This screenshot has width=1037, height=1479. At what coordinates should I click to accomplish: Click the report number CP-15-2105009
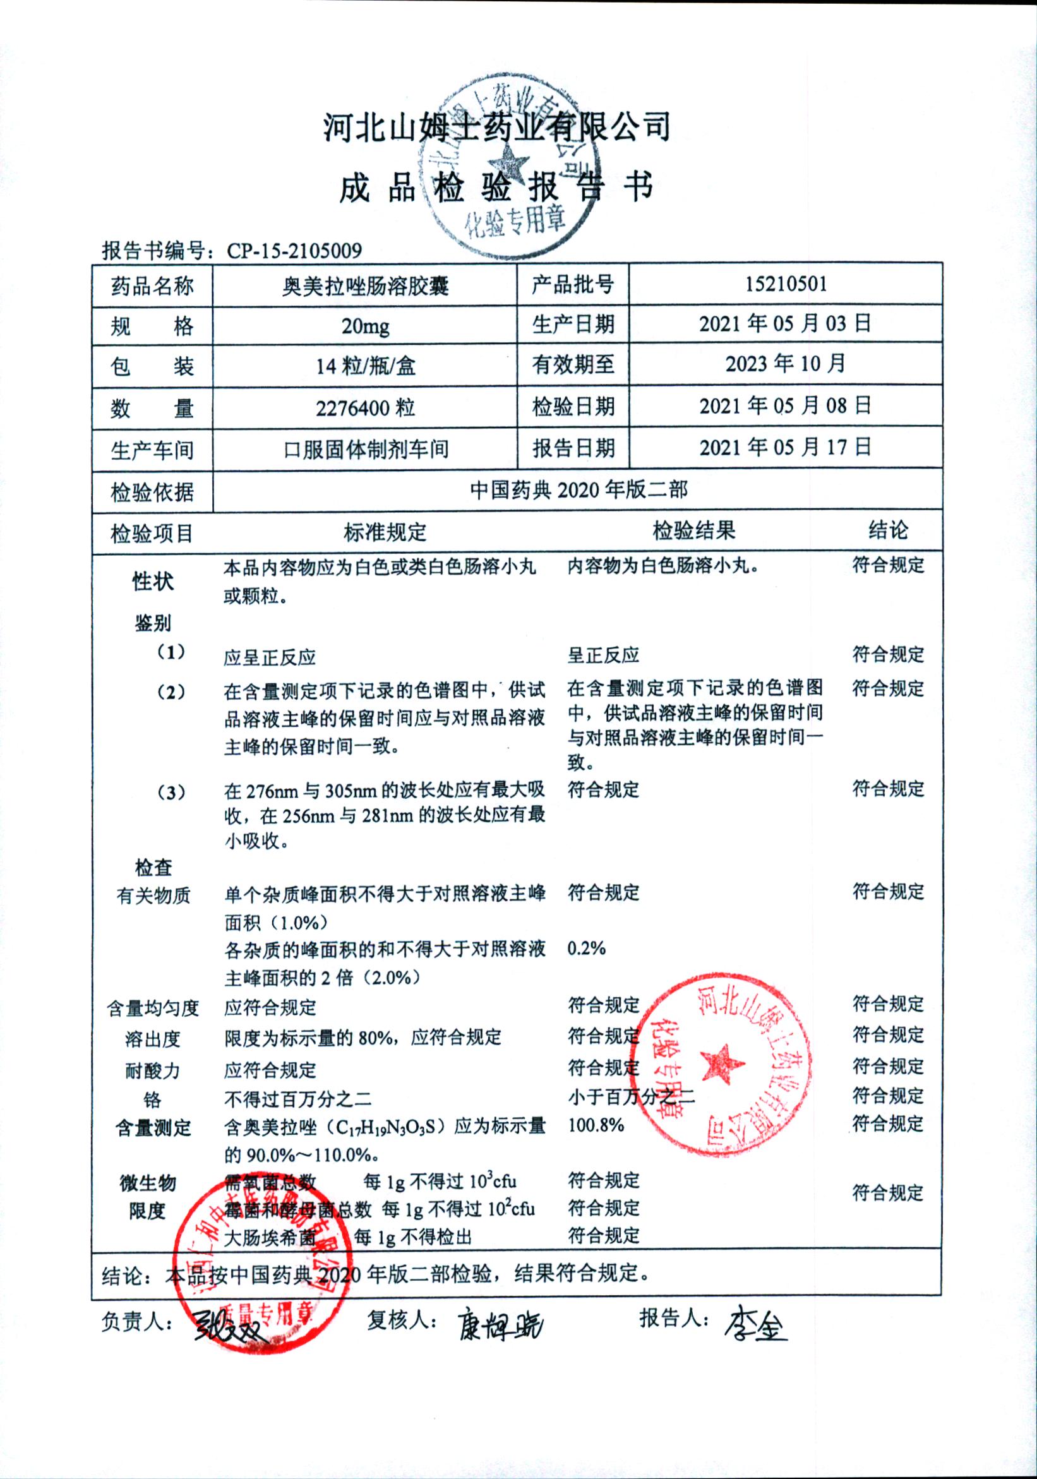coord(294,251)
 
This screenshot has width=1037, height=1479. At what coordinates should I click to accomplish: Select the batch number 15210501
coord(785,284)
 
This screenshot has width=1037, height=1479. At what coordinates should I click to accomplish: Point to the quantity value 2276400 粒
coord(364,408)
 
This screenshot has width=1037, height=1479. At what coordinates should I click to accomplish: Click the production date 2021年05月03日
coord(785,323)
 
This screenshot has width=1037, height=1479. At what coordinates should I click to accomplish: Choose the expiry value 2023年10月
coord(785,364)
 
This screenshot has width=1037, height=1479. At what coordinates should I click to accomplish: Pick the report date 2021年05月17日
coord(785,447)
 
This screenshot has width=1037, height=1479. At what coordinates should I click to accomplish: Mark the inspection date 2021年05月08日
coord(785,406)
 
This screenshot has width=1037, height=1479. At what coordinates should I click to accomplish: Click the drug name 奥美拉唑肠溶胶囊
coord(364,286)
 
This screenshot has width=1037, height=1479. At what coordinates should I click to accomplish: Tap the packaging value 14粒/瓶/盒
coord(364,366)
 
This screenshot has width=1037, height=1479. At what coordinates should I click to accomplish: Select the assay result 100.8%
coord(596,1125)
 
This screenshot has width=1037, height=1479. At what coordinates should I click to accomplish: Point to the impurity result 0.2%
coord(586,948)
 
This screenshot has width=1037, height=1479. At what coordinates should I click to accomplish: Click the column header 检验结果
coord(693,532)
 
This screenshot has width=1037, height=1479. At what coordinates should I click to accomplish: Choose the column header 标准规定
coord(385,533)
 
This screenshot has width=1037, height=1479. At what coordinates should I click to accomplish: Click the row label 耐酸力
coord(153,1070)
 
